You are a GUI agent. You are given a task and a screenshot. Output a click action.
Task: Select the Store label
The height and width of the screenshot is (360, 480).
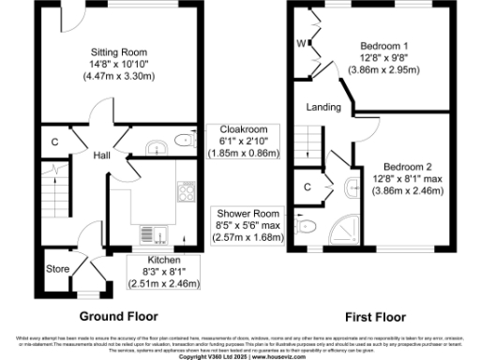point(59,270)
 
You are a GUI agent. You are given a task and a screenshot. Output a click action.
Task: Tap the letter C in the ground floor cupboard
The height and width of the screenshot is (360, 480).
point(55,142)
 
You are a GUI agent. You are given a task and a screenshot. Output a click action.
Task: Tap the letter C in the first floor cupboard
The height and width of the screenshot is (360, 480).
point(307,186)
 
